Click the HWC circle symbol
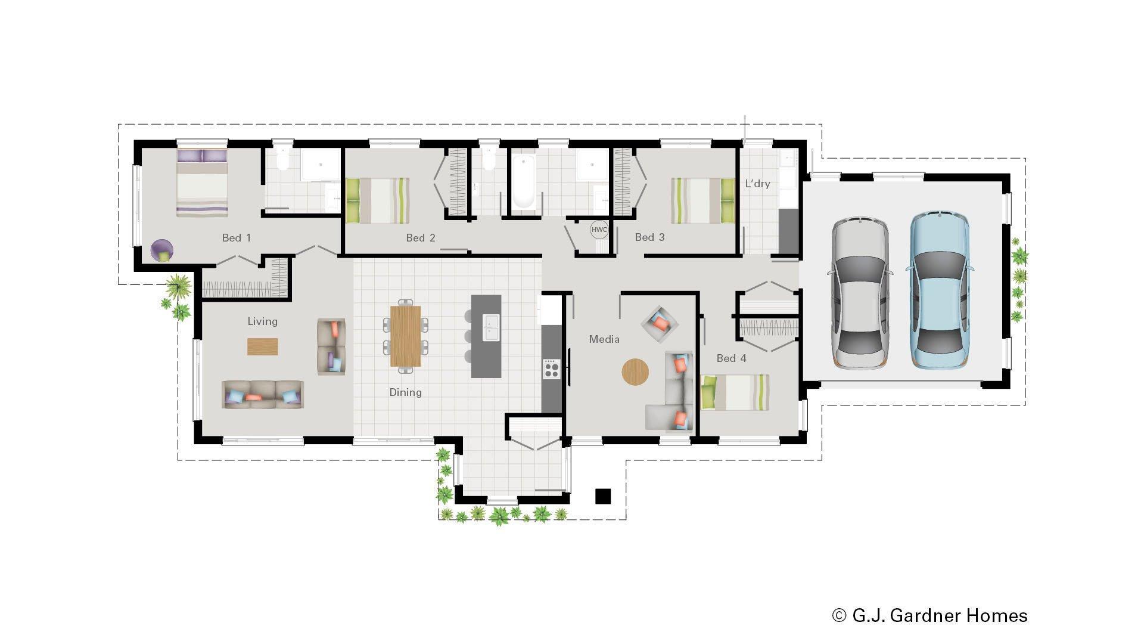pyautogui.click(x=599, y=230)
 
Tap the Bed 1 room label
pyautogui.click(x=237, y=238)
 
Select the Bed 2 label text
pyautogui.click(x=421, y=238)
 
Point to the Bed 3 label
pyautogui.click(x=649, y=237)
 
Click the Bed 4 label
pyautogui.click(x=731, y=358)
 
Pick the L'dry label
pyautogui.click(x=757, y=184)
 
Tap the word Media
pyautogui.click(x=604, y=339)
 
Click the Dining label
pyautogui.click(x=405, y=392)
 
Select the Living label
pyautogui.click(x=262, y=321)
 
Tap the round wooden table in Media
pyautogui.click(x=635, y=371)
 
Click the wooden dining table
pyautogui.click(x=405, y=336)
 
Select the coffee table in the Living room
pyautogui.click(x=262, y=347)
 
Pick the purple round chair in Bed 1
pyautogui.click(x=162, y=250)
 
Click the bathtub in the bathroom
pyautogui.click(x=524, y=182)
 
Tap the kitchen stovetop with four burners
pyautogui.click(x=551, y=369)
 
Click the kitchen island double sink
pyautogui.click(x=491, y=327)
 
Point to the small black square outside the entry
pyautogui.click(x=603, y=496)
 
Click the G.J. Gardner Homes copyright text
pyautogui.click(x=929, y=615)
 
